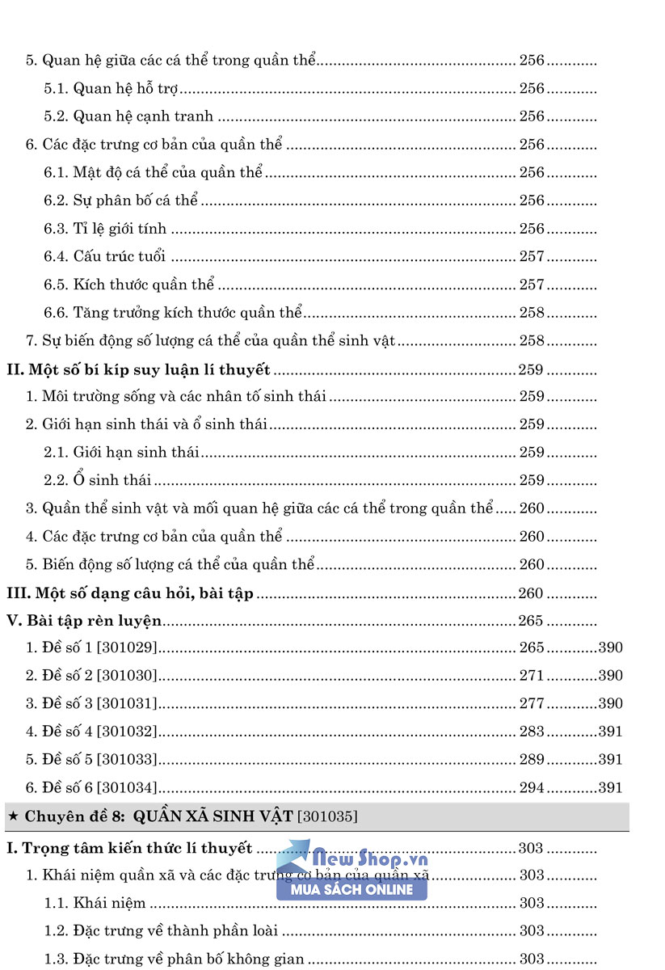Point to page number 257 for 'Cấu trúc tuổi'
coord(532,256)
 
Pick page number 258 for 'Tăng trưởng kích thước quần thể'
coord(532,312)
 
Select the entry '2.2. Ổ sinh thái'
coord(98,480)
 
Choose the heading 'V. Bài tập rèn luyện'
coord(84,621)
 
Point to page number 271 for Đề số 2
coord(532,676)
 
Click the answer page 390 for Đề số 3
coord(611,703)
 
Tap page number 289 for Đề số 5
coord(532,759)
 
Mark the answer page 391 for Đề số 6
coord(611,787)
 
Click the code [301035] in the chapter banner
coord(327,817)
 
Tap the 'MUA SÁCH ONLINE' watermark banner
coord(351,889)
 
